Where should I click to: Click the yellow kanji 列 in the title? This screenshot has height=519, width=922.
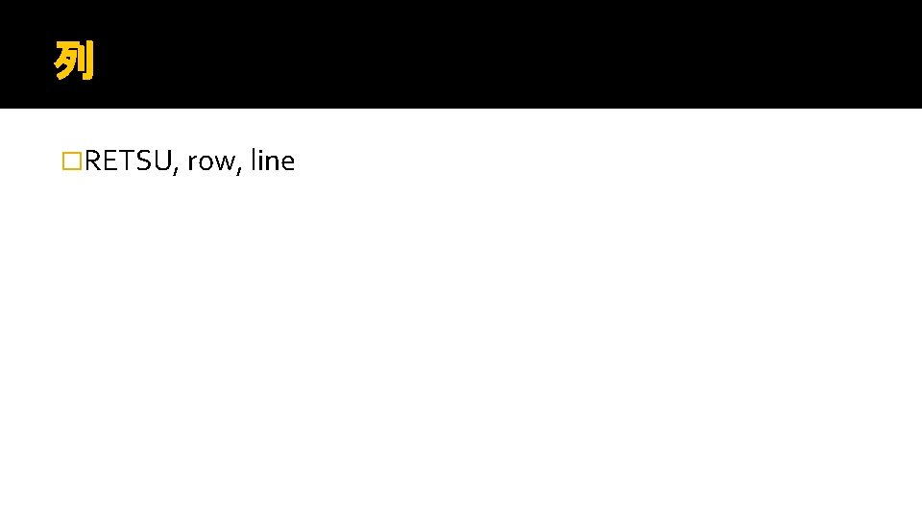click(74, 61)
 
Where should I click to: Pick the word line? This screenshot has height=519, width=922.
click(272, 161)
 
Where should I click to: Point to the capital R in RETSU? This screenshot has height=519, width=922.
click(92, 161)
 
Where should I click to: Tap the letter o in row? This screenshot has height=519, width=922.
click(206, 164)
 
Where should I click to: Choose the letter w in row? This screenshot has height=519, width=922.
click(225, 164)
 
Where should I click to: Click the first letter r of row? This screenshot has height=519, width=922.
click(192, 164)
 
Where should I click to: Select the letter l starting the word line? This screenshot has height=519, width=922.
click(253, 161)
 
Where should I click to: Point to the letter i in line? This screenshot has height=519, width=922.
click(260, 161)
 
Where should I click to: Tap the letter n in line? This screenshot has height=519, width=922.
click(272, 163)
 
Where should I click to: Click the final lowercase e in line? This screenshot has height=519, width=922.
click(287, 164)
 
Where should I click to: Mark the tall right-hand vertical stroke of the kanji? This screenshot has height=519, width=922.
click(90, 61)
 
